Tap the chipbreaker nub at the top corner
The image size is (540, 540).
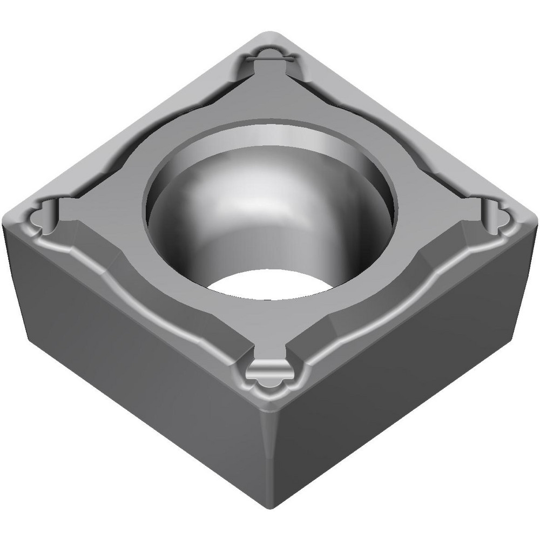tap(268, 56)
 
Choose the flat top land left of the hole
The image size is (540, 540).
tap(108, 211)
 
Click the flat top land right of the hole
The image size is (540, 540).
tap(432, 211)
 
